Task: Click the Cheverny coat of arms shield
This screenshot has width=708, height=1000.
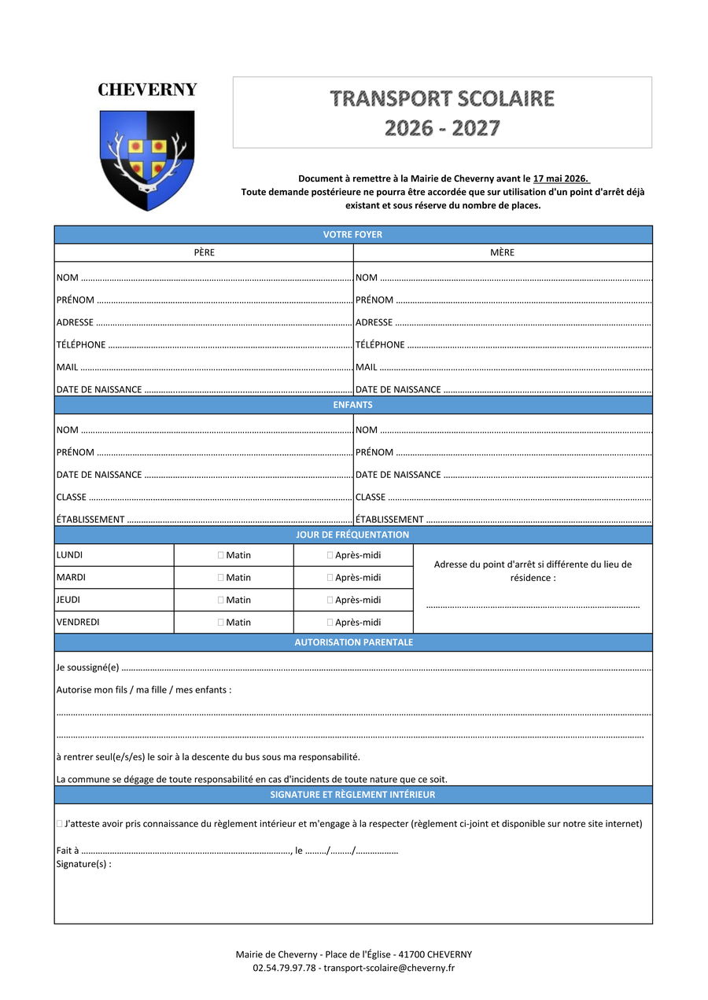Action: pos(147,159)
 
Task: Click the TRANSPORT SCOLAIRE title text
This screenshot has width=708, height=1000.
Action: pos(442,99)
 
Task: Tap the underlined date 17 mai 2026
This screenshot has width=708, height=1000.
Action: pos(561,178)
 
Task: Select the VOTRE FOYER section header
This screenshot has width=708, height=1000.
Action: pos(352,234)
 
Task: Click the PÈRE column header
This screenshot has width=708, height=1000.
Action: pos(204,252)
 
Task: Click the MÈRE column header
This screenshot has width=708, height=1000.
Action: pos(502,252)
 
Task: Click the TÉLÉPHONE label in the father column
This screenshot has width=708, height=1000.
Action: pos(81,345)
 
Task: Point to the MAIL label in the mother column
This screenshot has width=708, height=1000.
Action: pos(366,367)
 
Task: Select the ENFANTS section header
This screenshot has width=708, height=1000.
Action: pos(352,405)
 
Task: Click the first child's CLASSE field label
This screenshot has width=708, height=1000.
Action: pos(72,497)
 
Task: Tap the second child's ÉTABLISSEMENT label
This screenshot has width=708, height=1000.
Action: pos(389,520)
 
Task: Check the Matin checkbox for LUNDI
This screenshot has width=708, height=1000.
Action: pos(221,555)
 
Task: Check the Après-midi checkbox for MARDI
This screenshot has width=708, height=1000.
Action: pos(330,578)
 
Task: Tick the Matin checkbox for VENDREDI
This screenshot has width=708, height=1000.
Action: pos(221,623)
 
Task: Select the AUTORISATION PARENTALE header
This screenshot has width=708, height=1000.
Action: pos(353,642)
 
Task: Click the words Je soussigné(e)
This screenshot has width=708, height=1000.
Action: pos(87,668)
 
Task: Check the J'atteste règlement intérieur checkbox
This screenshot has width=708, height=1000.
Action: pos(60,824)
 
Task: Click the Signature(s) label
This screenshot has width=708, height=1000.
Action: pos(83,864)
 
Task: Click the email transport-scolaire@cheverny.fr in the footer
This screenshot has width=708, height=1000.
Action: pos(389,968)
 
